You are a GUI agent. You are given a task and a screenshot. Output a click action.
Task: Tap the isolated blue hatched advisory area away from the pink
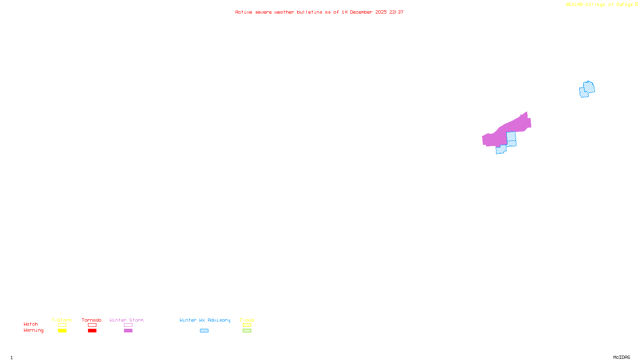point(587,89)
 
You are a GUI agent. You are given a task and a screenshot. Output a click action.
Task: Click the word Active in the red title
point(244,12)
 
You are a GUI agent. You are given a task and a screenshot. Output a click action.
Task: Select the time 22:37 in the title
point(396,12)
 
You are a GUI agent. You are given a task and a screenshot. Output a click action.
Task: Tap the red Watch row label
point(31,324)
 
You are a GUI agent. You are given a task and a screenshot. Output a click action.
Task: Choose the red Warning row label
point(33,330)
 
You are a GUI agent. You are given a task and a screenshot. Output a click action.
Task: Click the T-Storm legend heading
point(62,320)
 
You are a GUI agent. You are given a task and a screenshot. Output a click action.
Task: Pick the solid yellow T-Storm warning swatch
point(62,331)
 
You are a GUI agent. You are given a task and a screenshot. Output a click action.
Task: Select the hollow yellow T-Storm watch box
point(62,325)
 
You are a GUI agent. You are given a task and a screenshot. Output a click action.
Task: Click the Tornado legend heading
point(92,320)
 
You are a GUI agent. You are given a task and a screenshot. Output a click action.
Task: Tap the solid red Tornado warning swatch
point(92,331)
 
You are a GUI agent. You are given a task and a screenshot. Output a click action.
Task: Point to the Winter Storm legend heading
point(126,320)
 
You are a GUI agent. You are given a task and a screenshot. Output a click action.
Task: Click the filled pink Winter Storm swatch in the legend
point(128,331)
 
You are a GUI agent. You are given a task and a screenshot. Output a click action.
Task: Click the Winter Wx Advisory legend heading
point(205,320)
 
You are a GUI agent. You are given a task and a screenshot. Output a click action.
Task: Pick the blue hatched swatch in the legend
point(204,331)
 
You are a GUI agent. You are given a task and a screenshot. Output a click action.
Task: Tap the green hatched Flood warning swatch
point(247,331)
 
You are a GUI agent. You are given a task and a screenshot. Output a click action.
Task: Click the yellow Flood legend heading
point(247,320)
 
